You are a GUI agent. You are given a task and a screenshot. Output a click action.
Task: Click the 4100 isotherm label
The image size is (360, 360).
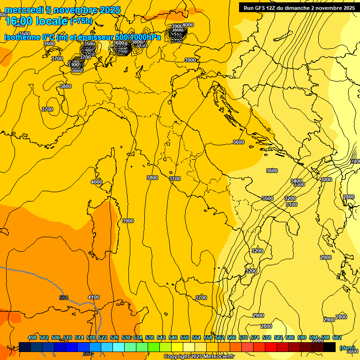point(94,297)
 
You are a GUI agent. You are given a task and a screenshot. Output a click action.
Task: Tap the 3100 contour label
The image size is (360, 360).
point(291,204)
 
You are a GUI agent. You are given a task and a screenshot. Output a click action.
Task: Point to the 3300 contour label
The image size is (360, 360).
point(299,185)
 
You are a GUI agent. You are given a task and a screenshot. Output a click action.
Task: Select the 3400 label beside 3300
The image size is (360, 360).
point(296,180)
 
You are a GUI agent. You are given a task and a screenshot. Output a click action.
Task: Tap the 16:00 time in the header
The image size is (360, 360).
point(19,21)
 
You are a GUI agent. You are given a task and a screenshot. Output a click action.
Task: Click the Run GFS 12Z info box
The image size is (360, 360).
point(299,7)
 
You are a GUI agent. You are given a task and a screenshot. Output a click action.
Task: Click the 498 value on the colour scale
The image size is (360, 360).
point(32,337)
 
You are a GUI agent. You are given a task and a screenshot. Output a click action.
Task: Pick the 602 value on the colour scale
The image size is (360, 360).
point(337,337)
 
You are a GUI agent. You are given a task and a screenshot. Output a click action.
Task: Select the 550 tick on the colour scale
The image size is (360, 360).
point(184,337)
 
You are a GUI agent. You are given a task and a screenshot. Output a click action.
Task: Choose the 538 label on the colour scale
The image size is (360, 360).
point(149,337)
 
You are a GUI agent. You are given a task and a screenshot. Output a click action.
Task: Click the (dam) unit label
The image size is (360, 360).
point(347,348)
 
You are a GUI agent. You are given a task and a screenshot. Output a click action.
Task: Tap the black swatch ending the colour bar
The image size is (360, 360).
point(330,347)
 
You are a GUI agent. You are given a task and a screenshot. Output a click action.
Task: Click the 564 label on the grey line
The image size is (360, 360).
point(64,298)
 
